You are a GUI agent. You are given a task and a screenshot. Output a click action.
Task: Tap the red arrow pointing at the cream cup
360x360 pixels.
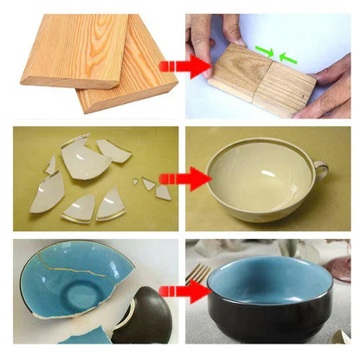point(183,179)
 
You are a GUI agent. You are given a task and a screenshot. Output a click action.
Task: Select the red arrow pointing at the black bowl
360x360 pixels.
point(183,289)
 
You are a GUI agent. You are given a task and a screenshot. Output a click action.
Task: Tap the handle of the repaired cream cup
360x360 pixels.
point(321,170)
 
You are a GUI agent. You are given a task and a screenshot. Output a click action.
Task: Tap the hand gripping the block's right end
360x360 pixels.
point(329,91)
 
